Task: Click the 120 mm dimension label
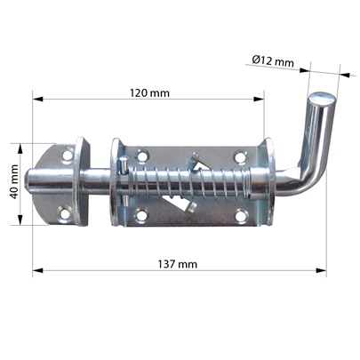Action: coord(149,93)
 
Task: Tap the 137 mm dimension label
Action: coord(177,264)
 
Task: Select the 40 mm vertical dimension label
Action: coord(14,182)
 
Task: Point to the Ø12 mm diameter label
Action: coord(273,61)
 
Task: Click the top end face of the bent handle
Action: coord(323,98)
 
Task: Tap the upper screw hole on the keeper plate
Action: coord(68,155)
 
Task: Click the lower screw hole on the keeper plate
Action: coord(65,214)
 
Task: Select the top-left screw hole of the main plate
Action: coord(141,156)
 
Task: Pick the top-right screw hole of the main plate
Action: coord(240,156)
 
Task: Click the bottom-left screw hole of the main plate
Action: coord(140,215)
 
